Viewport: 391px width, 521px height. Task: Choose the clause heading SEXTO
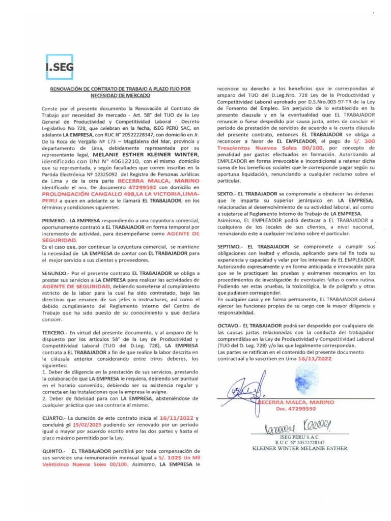point(229,194)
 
